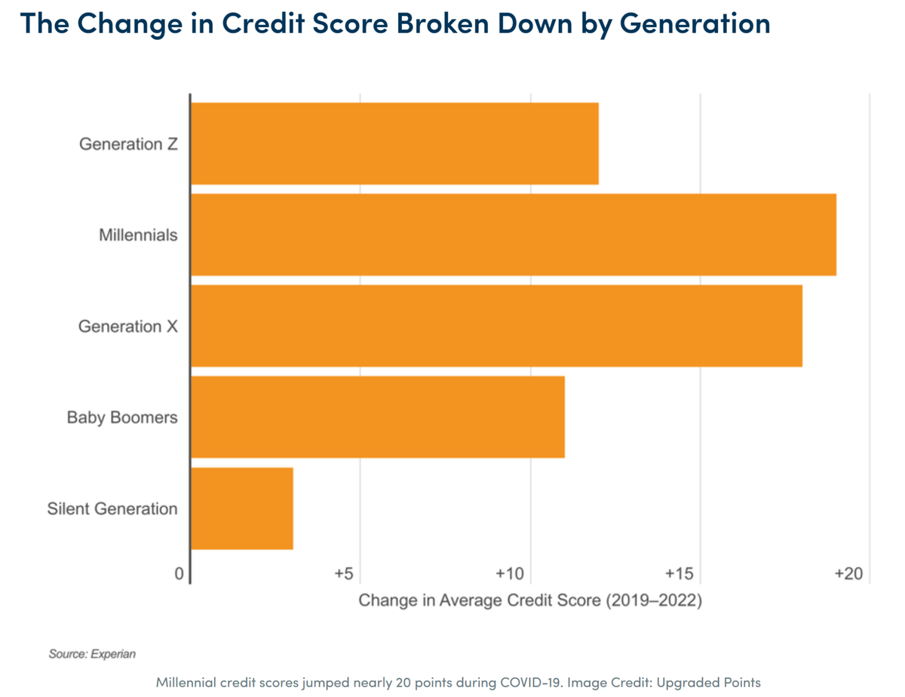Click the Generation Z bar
pos(394,143)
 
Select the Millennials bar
pos(513,235)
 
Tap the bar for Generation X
pos(496,326)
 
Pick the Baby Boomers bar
pos(377,417)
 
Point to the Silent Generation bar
pos(241,508)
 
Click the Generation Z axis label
pos(128,144)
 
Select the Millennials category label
pos(138,235)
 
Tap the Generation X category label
pos(128,327)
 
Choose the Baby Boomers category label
pos(122,417)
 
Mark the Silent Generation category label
pos(112,508)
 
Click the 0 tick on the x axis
pos(179,574)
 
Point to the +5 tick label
pos(344,574)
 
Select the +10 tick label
pos(511,574)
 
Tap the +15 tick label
pos(680,574)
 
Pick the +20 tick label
pos(849,574)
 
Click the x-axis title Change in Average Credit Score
pos(529,601)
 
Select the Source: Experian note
pos(92,654)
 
